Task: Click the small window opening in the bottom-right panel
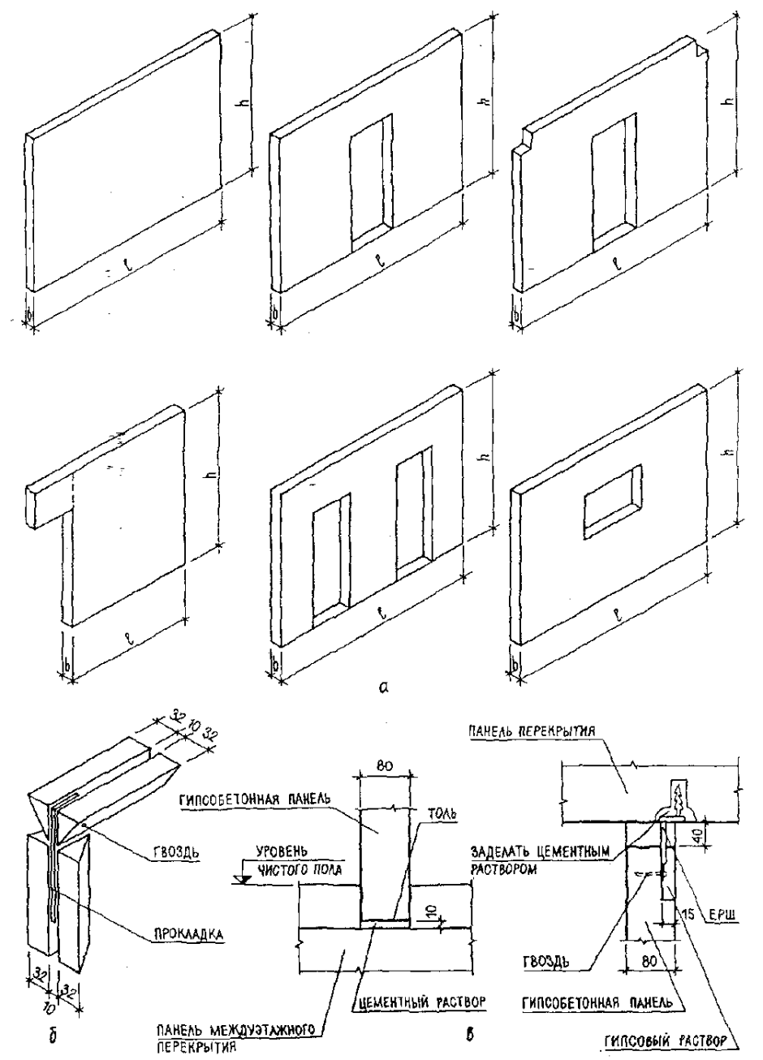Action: coord(610,513)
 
